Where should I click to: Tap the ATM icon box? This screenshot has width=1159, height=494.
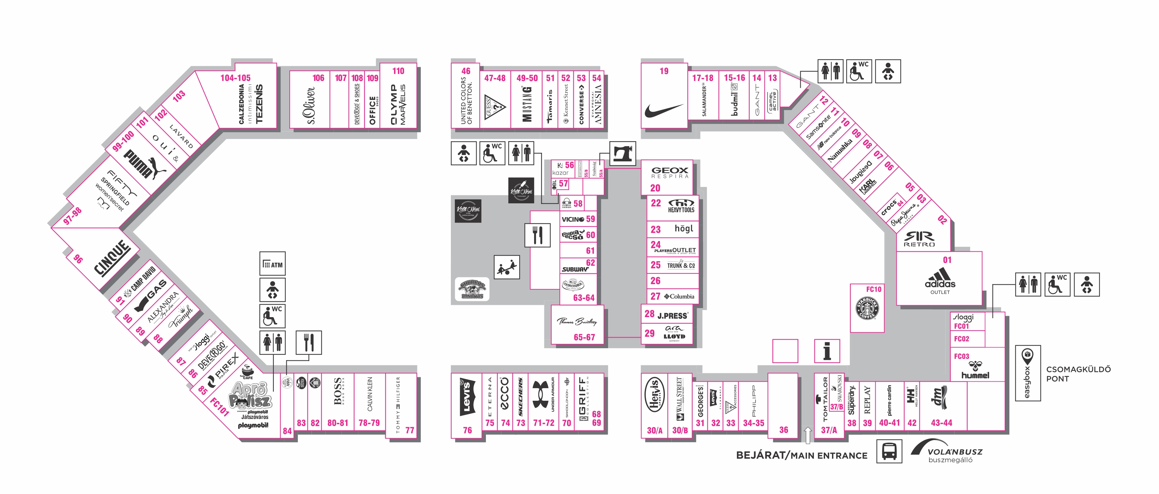pyautogui.click(x=272, y=264)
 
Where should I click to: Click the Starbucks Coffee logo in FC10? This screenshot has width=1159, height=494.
pyautogui.click(x=867, y=309)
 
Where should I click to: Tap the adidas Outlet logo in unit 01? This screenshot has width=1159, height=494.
pyautogui.click(x=940, y=279)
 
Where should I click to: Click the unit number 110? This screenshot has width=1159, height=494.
pyautogui.click(x=398, y=71)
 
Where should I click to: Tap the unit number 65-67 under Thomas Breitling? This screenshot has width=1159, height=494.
pyautogui.click(x=584, y=337)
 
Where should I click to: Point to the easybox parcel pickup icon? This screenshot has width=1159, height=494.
pyautogui.click(x=1027, y=373)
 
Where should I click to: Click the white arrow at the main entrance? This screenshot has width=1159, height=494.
pyautogui.click(x=807, y=434)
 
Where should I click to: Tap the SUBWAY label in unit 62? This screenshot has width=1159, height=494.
pyautogui.click(x=575, y=269)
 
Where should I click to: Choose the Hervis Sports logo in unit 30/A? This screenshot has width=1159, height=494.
pyautogui.click(x=654, y=395)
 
